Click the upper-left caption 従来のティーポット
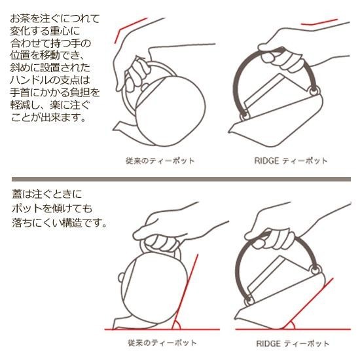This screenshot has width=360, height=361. (x=160, y=161)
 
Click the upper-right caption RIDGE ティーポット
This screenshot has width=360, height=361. (x=291, y=161)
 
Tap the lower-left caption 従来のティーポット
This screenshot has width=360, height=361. (x=162, y=343)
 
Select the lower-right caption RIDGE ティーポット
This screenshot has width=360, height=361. (x=293, y=343)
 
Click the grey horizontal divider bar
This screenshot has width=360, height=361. (x=181, y=179)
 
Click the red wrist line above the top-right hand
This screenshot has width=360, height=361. (x=319, y=22)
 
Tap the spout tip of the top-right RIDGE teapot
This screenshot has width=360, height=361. (x=228, y=132)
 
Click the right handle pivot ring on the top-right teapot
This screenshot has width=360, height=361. (x=314, y=91)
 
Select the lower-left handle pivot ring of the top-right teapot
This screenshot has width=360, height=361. (x=244, y=116)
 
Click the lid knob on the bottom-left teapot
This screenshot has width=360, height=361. (x=120, y=278)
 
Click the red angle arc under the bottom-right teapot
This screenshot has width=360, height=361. (x=291, y=324)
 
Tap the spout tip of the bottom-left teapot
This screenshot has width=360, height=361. (x=113, y=328)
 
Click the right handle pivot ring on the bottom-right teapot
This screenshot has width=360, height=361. (x=316, y=269)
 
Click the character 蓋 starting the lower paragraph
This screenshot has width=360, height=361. (x=17, y=194)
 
